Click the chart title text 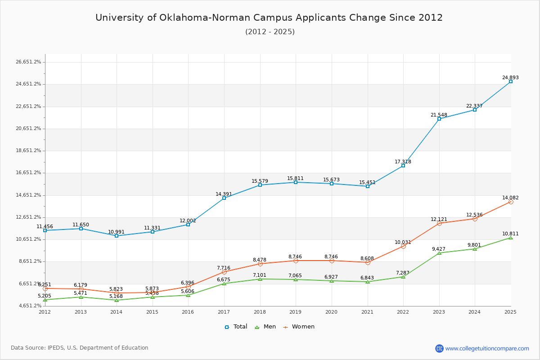pos(269,18)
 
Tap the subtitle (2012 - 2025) pos(270,32)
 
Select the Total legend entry pos(236,327)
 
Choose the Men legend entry pos(265,327)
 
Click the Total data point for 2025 pos(510,81)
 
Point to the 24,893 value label pos(510,77)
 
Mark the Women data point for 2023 pos(439,223)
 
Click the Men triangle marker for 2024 pos(475,249)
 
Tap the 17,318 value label pos(403,162)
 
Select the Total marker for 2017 pos(224,198)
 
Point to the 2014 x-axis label pos(117,311)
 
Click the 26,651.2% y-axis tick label pos(28,62)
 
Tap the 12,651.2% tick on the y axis pos(28,217)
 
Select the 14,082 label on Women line pos(510,198)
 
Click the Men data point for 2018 pos(260,279)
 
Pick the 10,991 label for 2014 pos(117,232)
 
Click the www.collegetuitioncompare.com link pos(487,348)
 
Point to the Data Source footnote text pos(80,348)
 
